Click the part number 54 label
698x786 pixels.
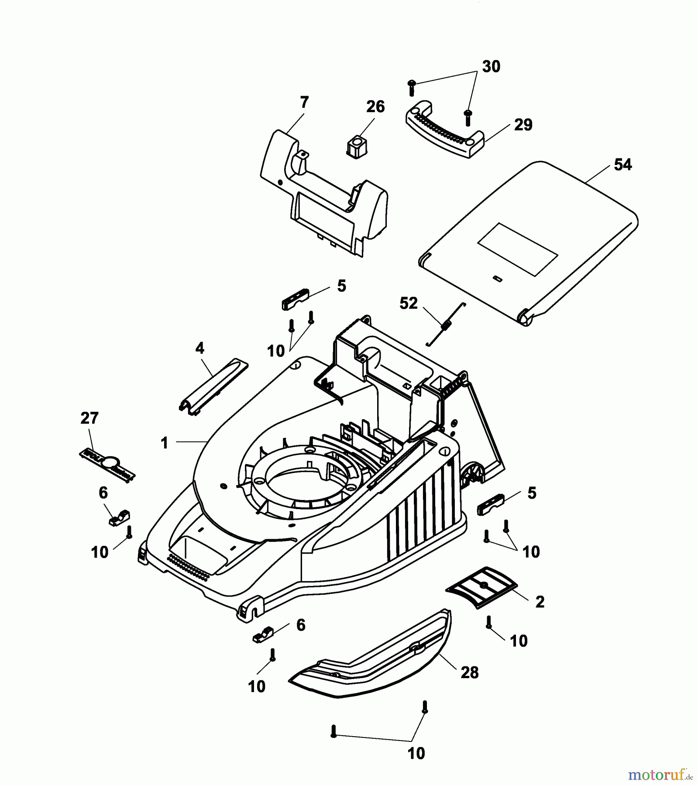click(622, 165)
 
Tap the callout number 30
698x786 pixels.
click(491, 67)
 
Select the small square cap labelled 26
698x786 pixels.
click(358, 146)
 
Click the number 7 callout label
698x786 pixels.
click(304, 103)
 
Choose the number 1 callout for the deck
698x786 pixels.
click(164, 443)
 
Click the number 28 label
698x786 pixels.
click(470, 673)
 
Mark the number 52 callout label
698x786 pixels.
click(408, 303)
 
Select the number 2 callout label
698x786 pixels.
click(540, 602)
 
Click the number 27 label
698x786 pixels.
click(89, 418)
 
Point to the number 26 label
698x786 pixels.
click(375, 107)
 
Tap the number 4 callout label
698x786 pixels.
click(199, 348)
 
